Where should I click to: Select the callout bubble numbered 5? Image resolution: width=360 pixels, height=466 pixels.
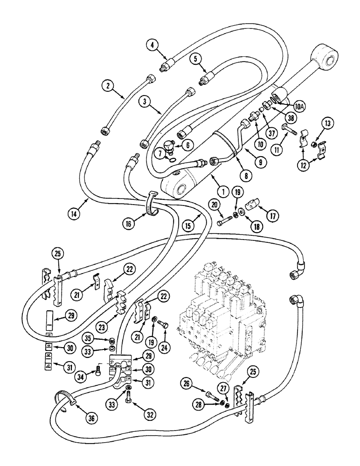pos(196,59)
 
